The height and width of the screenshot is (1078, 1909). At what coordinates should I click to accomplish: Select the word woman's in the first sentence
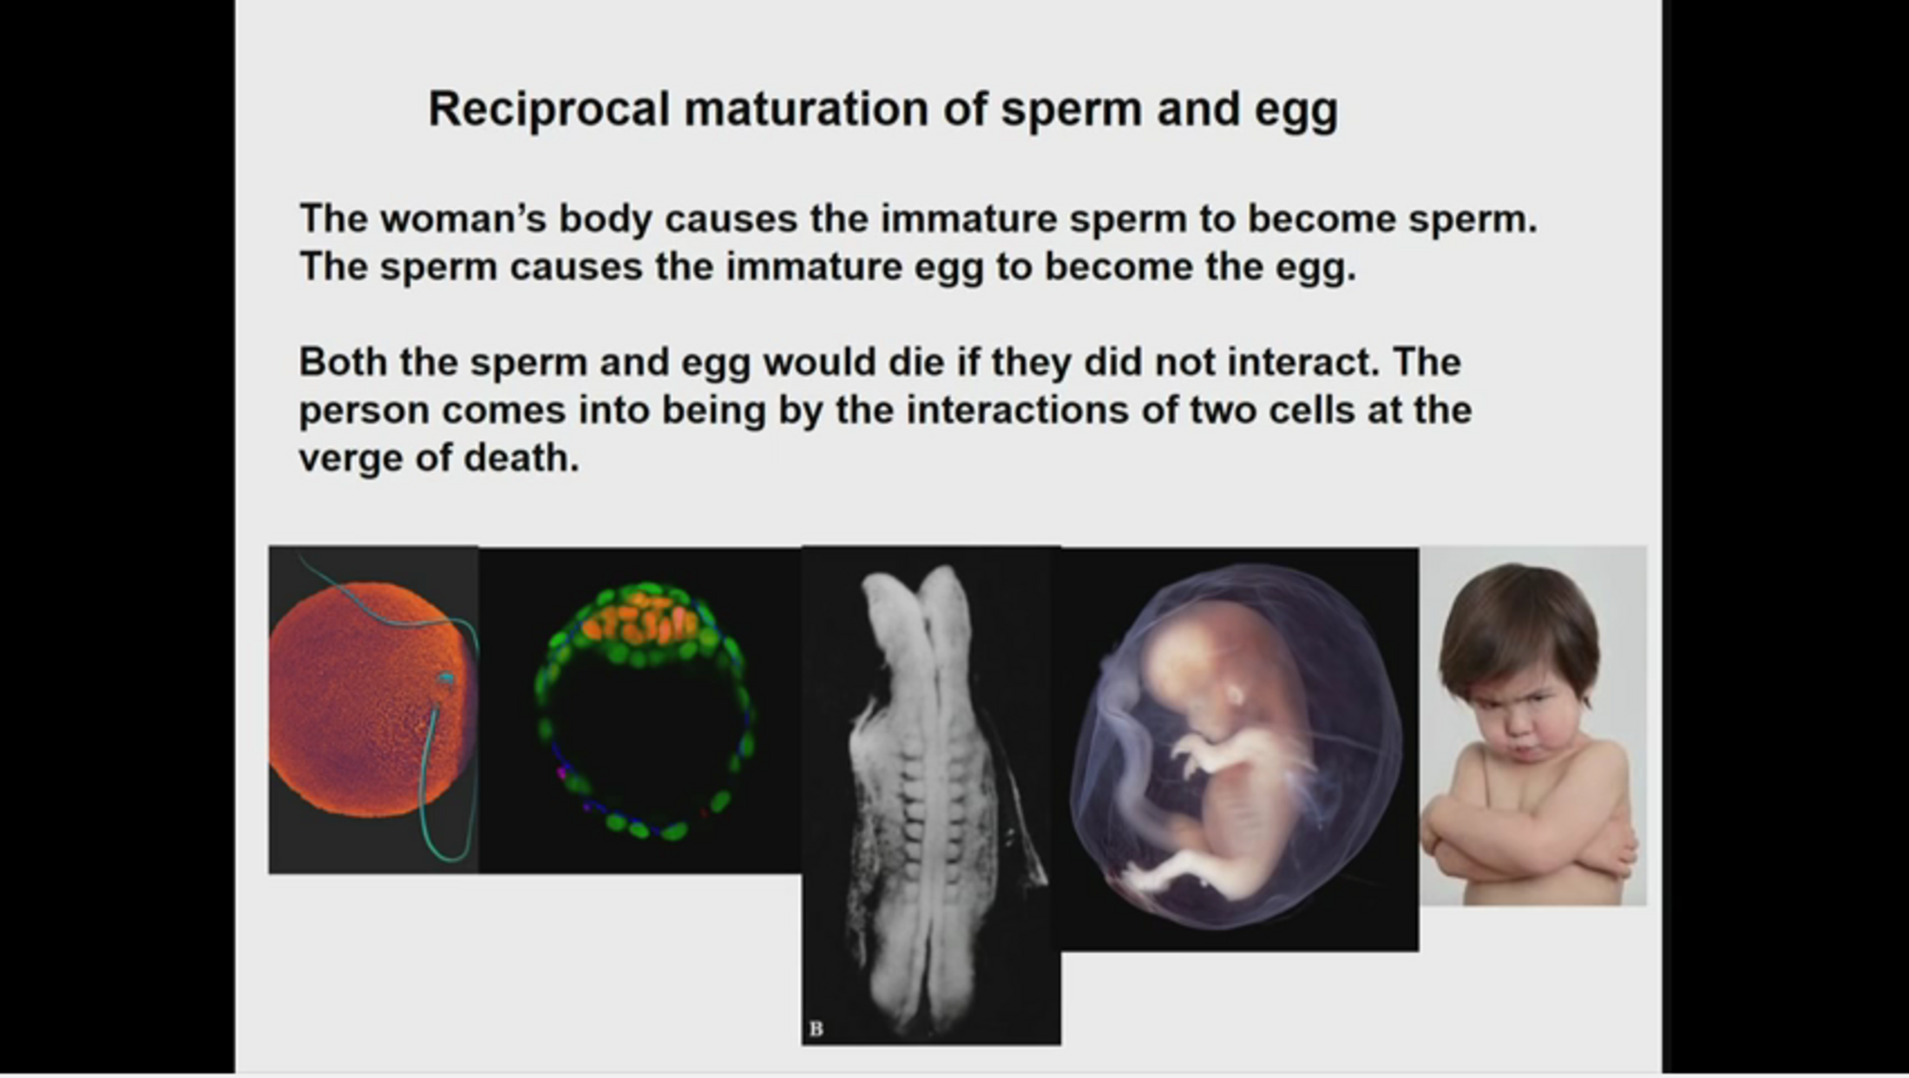[x=464, y=219]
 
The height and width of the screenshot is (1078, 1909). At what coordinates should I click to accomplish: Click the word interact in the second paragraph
[x=1302, y=362]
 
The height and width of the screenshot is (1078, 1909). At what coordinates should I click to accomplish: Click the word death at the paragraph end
[x=521, y=458]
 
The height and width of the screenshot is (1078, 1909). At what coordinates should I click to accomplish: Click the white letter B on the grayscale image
[x=816, y=1029]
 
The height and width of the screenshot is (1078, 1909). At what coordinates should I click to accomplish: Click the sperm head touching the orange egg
[x=445, y=679]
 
